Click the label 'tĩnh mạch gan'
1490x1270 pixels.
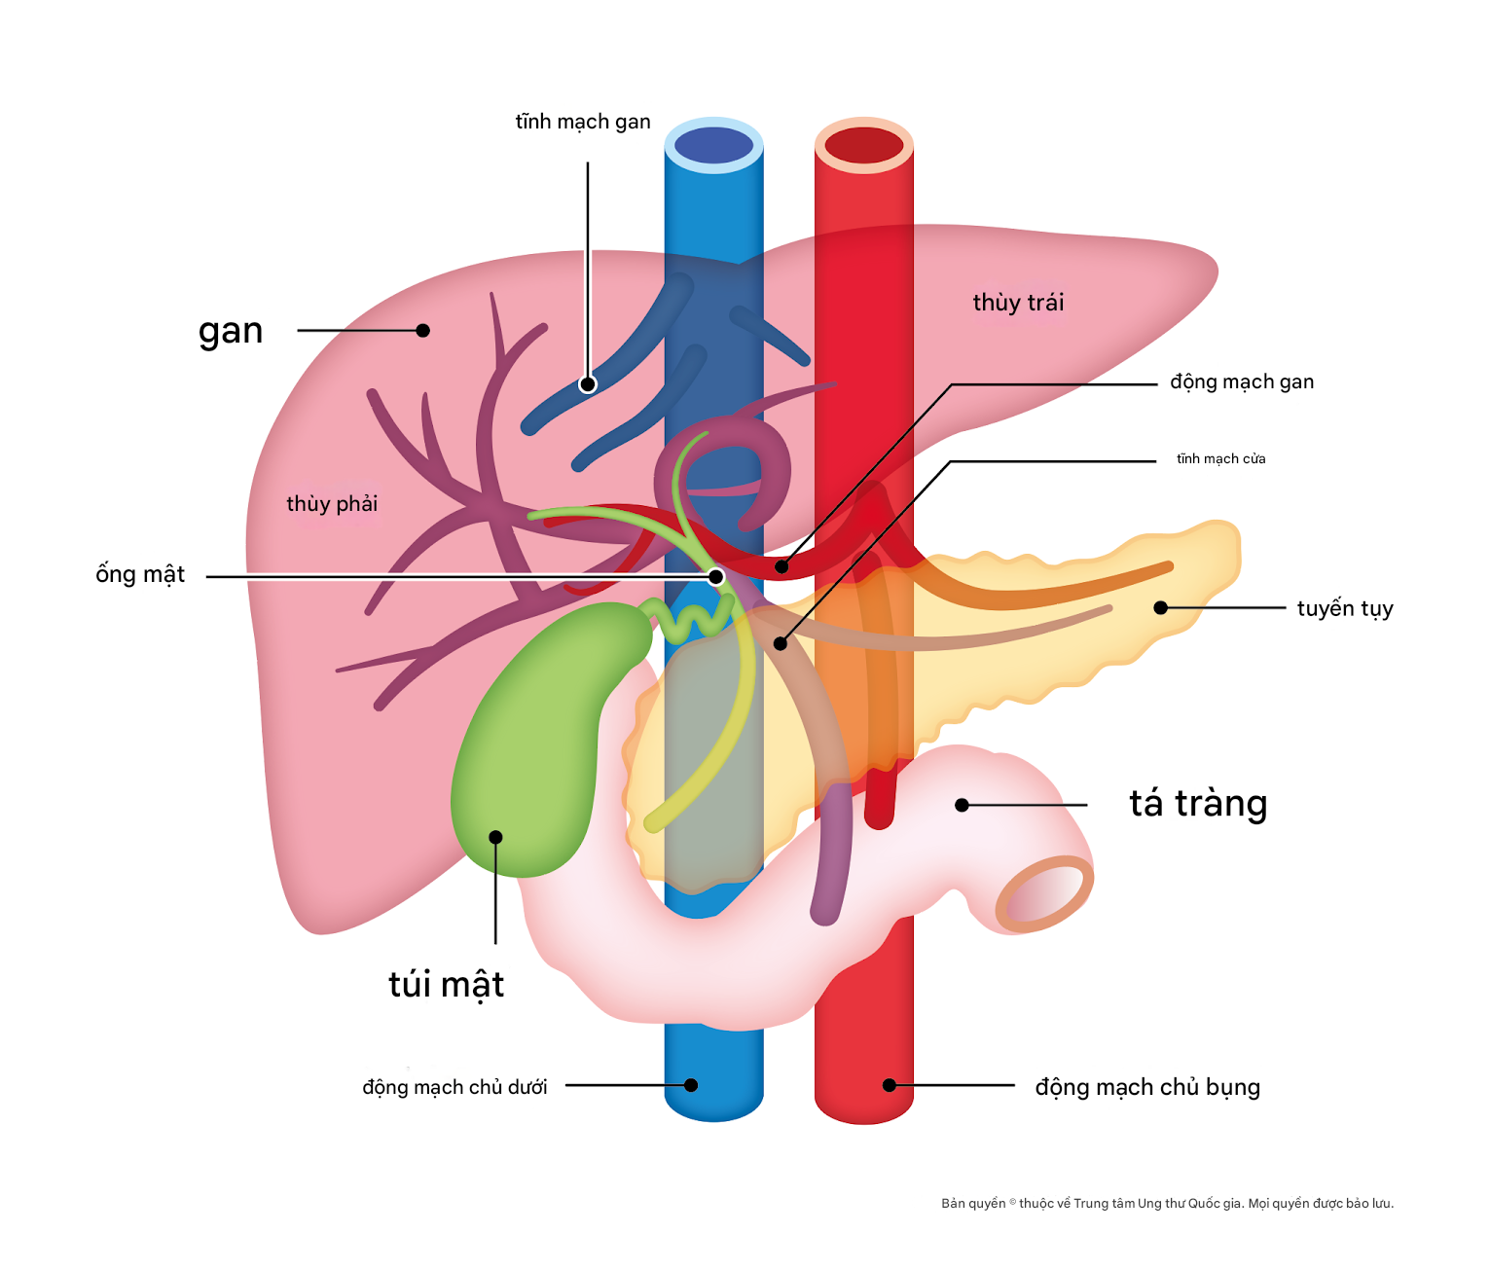(x=583, y=122)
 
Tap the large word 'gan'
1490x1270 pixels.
(x=231, y=332)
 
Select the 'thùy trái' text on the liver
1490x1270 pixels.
(x=1018, y=303)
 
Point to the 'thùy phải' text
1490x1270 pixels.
(x=332, y=504)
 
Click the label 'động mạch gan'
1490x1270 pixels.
(x=1242, y=381)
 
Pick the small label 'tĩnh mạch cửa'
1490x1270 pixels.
(x=1220, y=458)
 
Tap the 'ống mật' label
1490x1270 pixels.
(x=140, y=574)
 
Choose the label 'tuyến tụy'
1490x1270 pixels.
(x=1345, y=608)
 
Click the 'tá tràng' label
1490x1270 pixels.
(x=1198, y=804)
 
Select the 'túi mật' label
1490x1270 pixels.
(x=446, y=985)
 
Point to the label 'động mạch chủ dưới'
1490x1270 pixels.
(x=454, y=1087)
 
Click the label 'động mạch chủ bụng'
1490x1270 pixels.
(x=1147, y=1087)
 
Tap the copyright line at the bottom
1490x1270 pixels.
(x=1167, y=1204)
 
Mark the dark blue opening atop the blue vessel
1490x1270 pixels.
(x=713, y=146)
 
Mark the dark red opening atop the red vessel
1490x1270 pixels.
(x=863, y=146)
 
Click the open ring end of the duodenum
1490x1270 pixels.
(x=1044, y=893)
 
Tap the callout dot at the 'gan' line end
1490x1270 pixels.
(x=422, y=331)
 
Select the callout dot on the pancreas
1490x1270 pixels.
(x=1160, y=607)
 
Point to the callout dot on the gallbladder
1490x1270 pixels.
(x=495, y=837)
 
